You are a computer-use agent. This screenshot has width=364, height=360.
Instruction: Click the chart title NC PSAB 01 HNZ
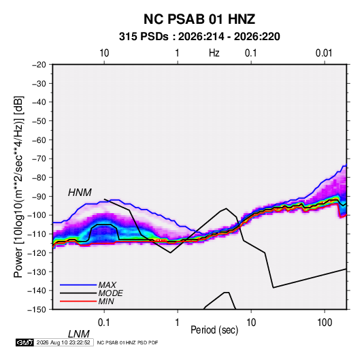(x=199, y=19)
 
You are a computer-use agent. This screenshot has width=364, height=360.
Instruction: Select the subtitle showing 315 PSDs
(x=199, y=37)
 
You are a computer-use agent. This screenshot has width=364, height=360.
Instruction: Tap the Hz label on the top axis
(x=214, y=53)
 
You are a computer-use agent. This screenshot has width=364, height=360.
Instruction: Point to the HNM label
(x=80, y=193)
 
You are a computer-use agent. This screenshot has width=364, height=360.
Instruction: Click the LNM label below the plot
(x=78, y=334)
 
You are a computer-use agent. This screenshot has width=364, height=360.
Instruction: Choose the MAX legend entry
(x=107, y=284)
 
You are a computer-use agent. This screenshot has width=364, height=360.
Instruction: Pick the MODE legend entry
(x=110, y=293)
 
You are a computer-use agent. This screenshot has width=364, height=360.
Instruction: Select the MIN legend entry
(x=106, y=301)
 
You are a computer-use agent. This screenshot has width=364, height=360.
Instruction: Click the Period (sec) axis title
(x=214, y=330)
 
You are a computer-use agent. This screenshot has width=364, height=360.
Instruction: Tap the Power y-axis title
(x=18, y=187)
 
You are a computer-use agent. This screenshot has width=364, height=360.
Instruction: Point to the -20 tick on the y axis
(x=39, y=65)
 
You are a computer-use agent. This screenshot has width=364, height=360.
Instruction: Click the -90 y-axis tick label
(x=39, y=197)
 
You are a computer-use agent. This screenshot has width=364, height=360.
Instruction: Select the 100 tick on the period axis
(x=325, y=323)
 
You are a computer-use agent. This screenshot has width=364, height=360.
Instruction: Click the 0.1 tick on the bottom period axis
(x=104, y=323)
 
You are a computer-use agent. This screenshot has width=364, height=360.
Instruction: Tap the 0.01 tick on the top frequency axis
(x=324, y=53)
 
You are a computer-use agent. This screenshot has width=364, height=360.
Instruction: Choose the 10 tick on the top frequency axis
(x=104, y=53)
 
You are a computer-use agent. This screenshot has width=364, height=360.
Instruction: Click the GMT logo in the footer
(x=25, y=342)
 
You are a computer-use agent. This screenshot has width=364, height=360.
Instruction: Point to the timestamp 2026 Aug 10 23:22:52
(x=63, y=342)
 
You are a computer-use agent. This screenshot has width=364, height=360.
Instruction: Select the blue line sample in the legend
(x=78, y=284)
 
